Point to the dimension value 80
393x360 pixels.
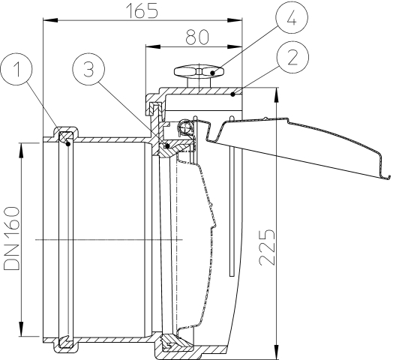click(192, 34)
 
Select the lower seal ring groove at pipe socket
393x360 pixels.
click(64, 343)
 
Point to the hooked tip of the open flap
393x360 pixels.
click(388, 177)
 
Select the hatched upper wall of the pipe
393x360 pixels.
click(112, 139)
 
